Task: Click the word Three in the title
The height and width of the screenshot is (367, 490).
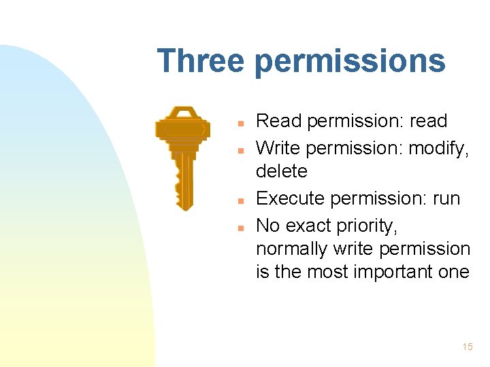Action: coord(200,61)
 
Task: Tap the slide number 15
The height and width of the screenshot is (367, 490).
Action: coord(467,347)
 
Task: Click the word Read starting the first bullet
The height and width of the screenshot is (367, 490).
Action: coord(279,122)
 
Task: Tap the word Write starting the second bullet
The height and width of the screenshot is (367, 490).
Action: coord(280,147)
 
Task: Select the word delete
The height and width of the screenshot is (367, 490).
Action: coord(281,171)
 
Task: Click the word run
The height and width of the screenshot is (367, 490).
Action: coord(446,199)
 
